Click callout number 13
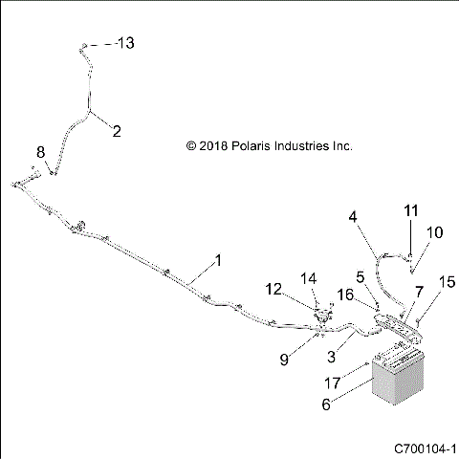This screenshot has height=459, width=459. [x=127, y=44]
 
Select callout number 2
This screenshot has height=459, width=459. [x=117, y=133]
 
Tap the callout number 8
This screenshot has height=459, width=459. [x=40, y=152]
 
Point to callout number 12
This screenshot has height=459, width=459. [x=273, y=289]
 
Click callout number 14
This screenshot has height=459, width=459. [x=309, y=279]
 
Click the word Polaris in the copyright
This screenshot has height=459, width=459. [x=263, y=146]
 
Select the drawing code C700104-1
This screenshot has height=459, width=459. [x=426, y=448]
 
